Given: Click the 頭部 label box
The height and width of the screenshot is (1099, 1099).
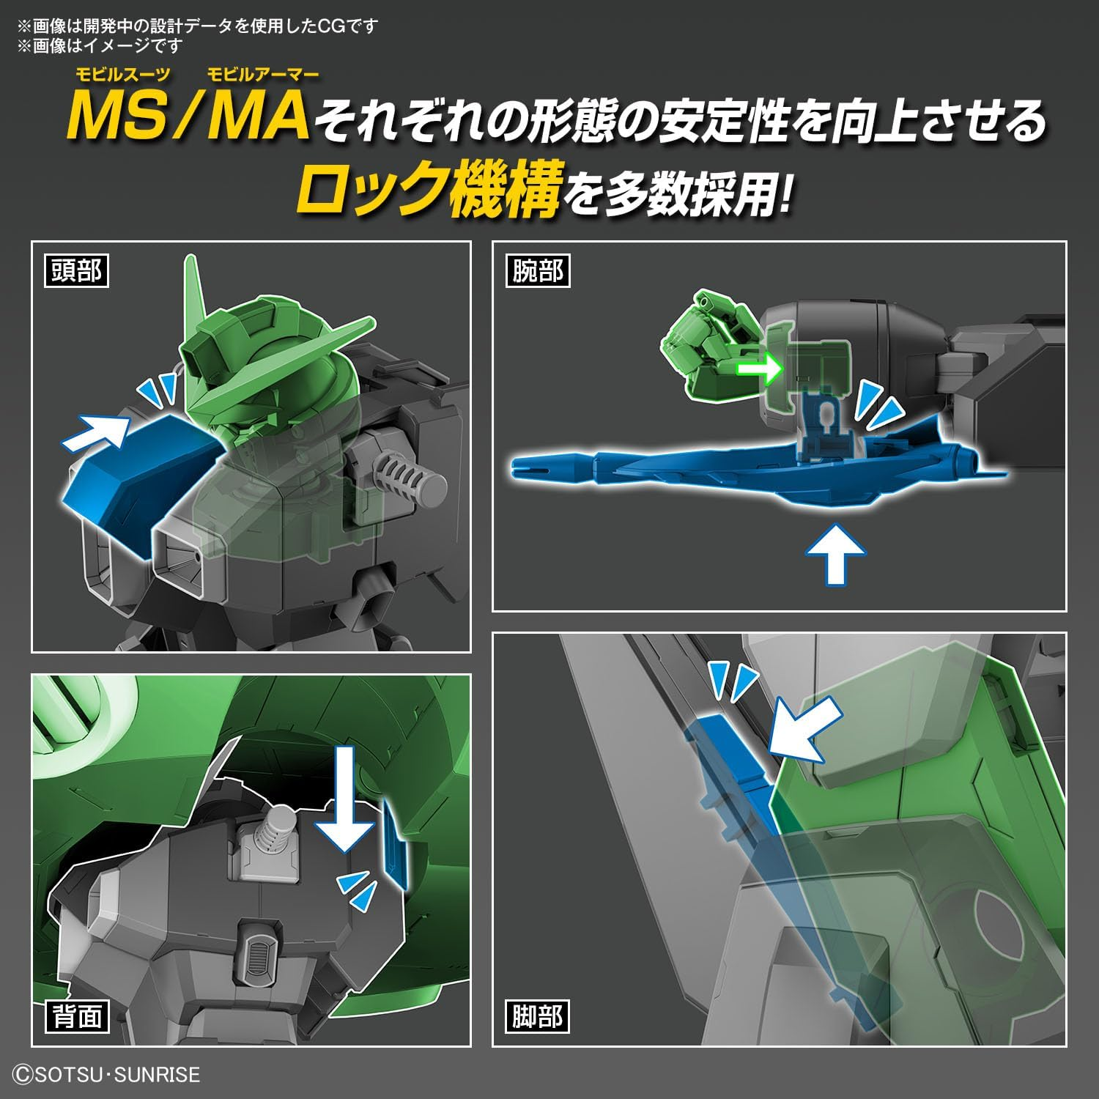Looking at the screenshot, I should [x=76, y=271].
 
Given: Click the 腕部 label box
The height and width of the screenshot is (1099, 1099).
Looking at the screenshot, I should [x=537, y=271].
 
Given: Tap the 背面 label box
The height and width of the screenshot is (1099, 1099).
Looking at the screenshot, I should [x=76, y=1016].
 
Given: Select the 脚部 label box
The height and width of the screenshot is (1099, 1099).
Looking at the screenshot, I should [x=537, y=1016].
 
